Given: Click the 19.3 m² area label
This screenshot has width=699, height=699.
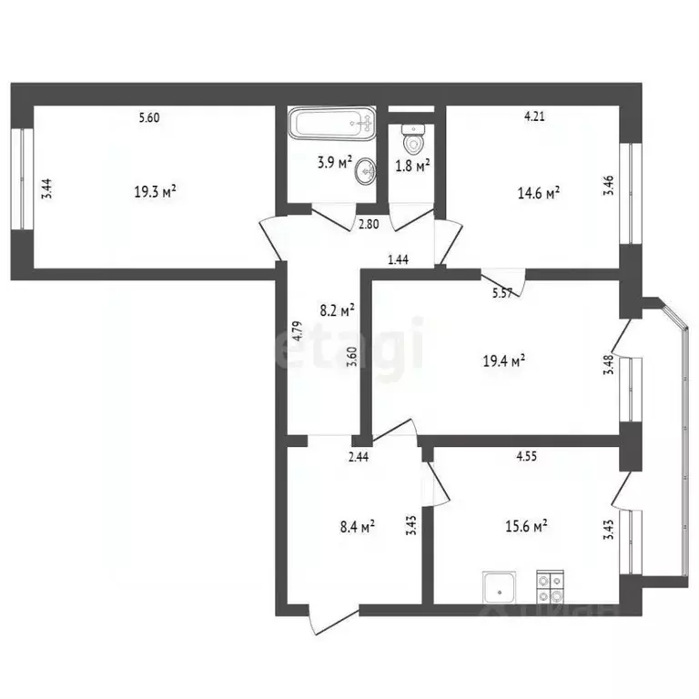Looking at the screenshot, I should (155, 192).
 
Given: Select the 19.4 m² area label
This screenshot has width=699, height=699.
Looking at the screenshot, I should (506, 361).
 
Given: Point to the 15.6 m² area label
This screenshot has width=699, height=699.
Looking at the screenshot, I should (527, 525).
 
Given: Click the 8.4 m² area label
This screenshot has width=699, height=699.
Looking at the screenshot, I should (358, 525).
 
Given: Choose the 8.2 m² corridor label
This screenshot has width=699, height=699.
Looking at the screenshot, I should (337, 309).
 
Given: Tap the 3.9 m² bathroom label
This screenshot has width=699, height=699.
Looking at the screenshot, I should (334, 163).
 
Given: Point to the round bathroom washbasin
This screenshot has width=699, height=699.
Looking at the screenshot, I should (367, 170).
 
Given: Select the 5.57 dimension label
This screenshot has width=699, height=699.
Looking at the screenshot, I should (502, 292).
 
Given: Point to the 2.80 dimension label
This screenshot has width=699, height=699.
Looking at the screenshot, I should (368, 224).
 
